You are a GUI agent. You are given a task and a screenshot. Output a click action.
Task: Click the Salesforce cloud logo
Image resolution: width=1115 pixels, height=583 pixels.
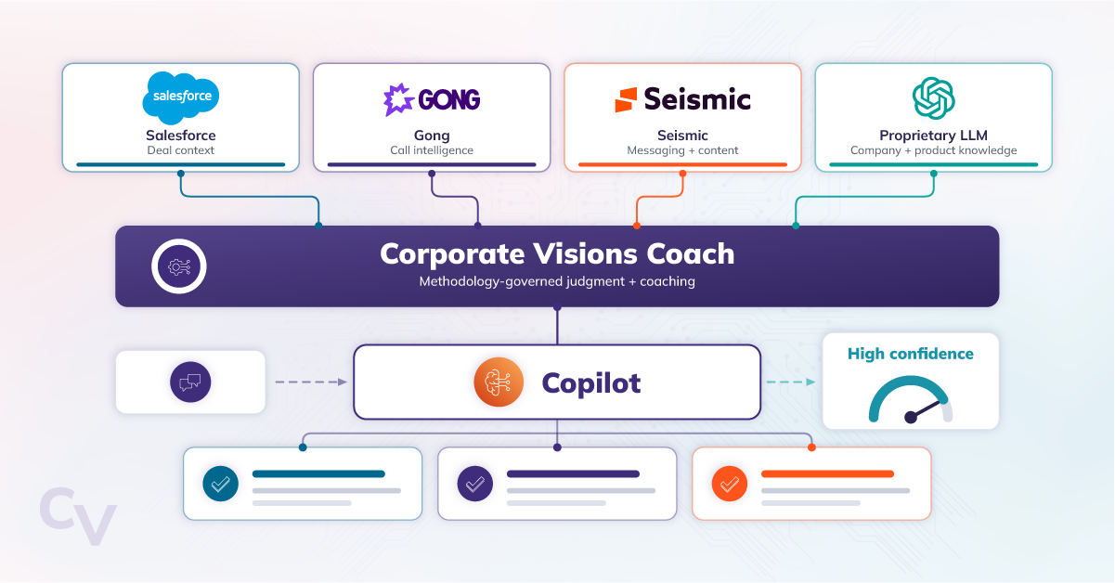pyautogui.click(x=181, y=97)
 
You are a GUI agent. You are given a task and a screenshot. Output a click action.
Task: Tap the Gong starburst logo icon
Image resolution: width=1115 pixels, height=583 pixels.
pyautogui.click(x=398, y=99)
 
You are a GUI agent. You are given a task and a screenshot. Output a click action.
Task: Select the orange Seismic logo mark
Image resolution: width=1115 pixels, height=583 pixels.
pyautogui.click(x=626, y=99)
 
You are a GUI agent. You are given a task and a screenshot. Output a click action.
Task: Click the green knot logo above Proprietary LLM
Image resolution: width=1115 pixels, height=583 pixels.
pyautogui.click(x=933, y=98)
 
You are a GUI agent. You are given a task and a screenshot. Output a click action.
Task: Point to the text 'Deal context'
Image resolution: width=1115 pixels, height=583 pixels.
pyautogui.click(x=181, y=150)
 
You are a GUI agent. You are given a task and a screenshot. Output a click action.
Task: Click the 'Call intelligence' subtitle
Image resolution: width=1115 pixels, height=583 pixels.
pyautogui.click(x=432, y=150)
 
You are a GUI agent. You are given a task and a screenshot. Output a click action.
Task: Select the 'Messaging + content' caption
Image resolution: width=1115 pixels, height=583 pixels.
pyautogui.click(x=682, y=150)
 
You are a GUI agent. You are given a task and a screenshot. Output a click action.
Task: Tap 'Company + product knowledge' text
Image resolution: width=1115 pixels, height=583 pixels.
pyautogui.click(x=933, y=150)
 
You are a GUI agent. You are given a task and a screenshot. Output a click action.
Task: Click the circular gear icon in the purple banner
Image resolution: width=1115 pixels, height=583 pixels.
pyautogui.click(x=178, y=266)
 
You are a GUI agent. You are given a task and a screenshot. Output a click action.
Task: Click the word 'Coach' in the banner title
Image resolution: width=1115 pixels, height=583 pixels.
pyautogui.click(x=691, y=254)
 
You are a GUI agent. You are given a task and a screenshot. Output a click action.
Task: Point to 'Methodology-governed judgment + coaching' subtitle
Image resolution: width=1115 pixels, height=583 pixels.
pyautogui.click(x=557, y=281)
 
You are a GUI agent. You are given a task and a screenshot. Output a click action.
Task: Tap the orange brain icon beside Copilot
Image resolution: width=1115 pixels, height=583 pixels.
pyautogui.click(x=499, y=382)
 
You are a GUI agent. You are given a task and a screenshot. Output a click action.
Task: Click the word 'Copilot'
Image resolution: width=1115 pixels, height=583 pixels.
pyautogui.click(x=591, y=383)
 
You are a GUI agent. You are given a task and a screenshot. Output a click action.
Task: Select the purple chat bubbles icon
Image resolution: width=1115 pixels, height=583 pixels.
pyautogui.click(x=190, y=382)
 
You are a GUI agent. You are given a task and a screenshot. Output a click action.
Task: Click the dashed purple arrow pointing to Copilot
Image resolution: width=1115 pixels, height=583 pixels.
pyautogui.click(x=311, y=382)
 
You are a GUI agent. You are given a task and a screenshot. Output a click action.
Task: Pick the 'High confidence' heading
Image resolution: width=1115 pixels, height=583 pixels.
pyautogui.click(x=911, y=354)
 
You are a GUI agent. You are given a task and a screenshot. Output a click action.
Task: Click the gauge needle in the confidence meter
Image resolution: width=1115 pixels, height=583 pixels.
pyautogui.click(x=925, y=410)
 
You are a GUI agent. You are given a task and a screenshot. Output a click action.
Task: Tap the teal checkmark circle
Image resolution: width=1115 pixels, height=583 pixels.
pyautogui.click(x=221, y=484)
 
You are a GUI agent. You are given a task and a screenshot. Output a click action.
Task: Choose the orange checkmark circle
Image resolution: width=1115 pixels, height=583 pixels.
pyautogui.click(x=729, y=484)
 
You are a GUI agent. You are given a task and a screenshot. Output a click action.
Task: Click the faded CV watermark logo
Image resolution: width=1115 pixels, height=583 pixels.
pyautogui.click(x=78, y=516)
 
